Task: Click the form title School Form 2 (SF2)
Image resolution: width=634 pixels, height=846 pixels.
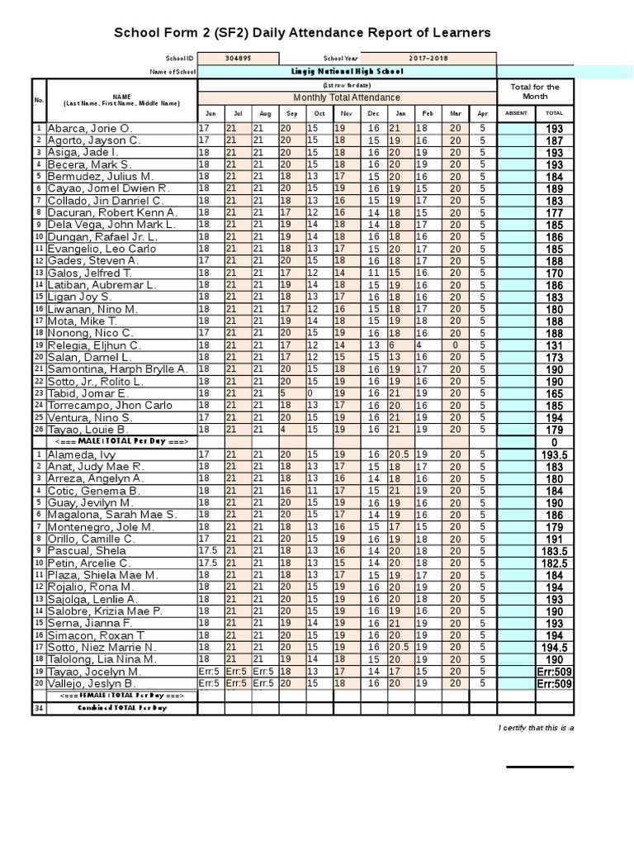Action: tap(301, 33)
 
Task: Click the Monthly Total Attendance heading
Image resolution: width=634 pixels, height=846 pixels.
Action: tap(346, 97)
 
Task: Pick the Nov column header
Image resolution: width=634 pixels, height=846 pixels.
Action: tap(346, 113)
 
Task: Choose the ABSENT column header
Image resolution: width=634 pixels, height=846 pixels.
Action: tap(515, 113)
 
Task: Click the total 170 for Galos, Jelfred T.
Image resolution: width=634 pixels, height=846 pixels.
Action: tap(554, 273)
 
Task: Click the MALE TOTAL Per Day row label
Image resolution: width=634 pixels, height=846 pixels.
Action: tap(122, 442)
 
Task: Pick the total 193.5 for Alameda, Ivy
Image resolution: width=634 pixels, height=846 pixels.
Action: tap(554, 454)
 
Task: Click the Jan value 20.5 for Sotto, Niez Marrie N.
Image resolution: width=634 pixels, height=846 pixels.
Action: tap(400, 648)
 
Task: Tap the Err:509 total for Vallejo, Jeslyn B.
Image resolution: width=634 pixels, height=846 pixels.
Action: tap(554, 684)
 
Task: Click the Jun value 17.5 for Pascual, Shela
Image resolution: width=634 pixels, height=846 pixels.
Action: tap(209, 551)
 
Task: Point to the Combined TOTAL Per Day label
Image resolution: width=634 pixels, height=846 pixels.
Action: tap(122, 708)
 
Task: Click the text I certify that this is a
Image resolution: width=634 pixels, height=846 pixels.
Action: tap(537, 727)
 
